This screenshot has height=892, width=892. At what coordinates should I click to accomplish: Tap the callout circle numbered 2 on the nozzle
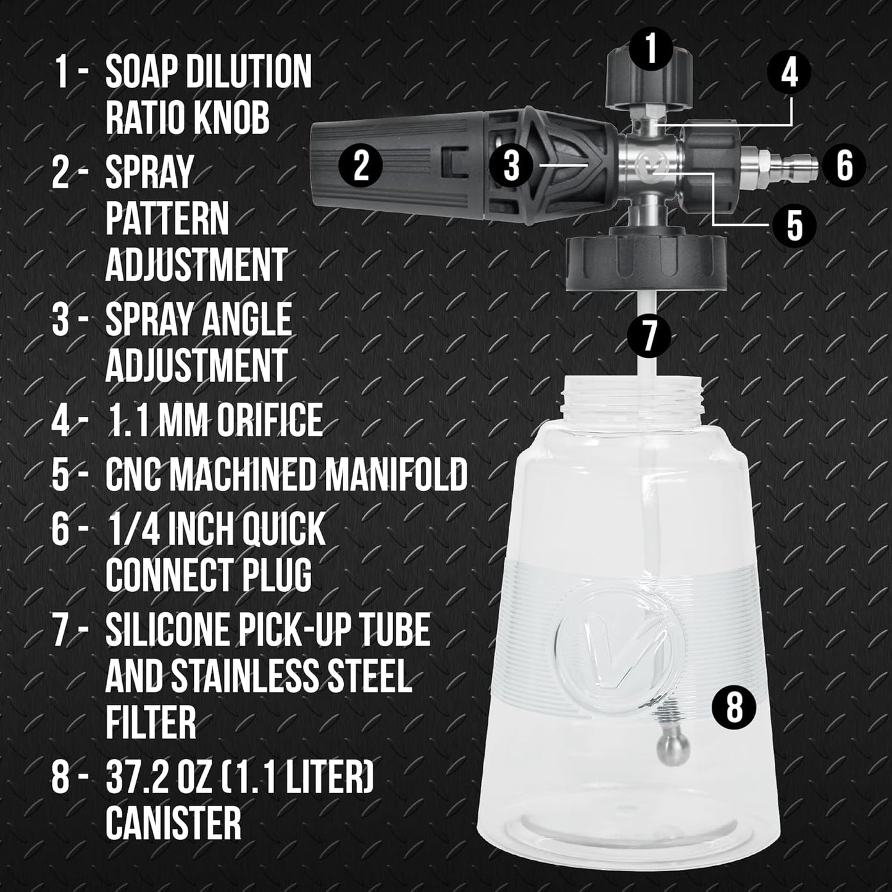click(x=361, y=166)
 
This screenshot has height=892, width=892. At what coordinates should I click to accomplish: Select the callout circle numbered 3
click(x=511, y=166)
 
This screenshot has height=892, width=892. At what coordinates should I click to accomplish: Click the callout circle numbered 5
click(x=794, y=225)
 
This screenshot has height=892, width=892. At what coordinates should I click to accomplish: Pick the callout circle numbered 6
click(x=844, y=165)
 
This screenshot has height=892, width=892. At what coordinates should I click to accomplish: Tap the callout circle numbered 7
click(x=649, y=336)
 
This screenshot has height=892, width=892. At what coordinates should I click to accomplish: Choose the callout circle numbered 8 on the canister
click(x=733, y=707)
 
